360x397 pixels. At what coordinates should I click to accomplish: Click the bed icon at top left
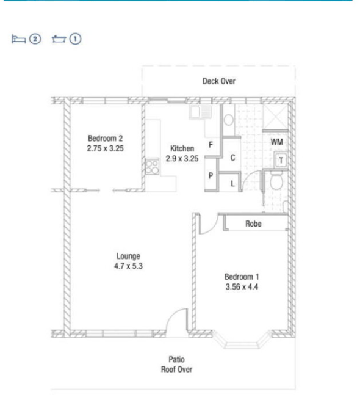coord(19,39)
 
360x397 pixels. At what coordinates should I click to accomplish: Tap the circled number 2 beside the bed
coord(35,39)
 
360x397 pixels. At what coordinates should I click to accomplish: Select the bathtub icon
coord(59,39)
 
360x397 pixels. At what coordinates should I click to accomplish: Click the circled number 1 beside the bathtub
coord(75,39)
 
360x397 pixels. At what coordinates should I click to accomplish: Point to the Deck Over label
coord(219,81)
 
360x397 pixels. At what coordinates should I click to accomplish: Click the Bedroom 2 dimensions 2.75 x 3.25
coord(105,148)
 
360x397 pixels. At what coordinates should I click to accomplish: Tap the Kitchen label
coord(182,148)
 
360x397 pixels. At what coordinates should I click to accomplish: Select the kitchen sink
coord(200,112)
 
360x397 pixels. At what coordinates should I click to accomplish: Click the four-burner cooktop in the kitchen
coord(152,166)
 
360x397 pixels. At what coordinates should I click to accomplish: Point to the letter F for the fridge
coord(211,145)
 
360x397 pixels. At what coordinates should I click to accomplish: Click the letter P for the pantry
coord(211,175)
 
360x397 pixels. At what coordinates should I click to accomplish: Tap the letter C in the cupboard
coord(232,158)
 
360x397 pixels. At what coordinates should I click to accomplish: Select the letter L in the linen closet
coord(232,184)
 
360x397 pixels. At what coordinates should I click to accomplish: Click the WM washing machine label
coord(277,142)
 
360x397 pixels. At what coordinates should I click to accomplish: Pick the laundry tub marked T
coord(281,160)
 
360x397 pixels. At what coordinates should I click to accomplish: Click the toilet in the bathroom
coord(276,180)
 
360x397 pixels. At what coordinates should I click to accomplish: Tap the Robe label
coord(253,224)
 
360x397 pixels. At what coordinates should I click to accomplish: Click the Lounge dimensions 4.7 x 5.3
coord(128,266)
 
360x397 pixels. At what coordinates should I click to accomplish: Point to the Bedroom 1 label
coord(242,277)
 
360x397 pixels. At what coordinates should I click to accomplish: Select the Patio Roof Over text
coord(176,365)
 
